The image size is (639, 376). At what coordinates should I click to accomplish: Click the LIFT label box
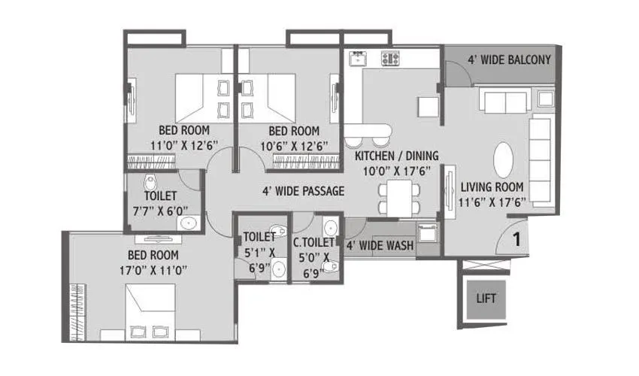click(x=486, y=298)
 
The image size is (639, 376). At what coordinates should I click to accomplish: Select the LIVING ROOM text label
click(x=492, y=186)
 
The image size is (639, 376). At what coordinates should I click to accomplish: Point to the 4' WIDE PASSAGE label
click(x=303, y=191)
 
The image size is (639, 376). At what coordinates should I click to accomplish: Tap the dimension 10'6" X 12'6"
click(x=289, y=144)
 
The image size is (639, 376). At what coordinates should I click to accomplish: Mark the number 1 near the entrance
click(x=517, y=241)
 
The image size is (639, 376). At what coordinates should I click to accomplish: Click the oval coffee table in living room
click(x=504, y=159)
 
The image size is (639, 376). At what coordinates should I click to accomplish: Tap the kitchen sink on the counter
click(x=356, y=58)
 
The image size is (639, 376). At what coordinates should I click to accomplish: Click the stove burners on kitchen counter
click(x=391, y=58)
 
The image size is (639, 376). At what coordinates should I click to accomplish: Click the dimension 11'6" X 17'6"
click(x=492, y=201)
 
